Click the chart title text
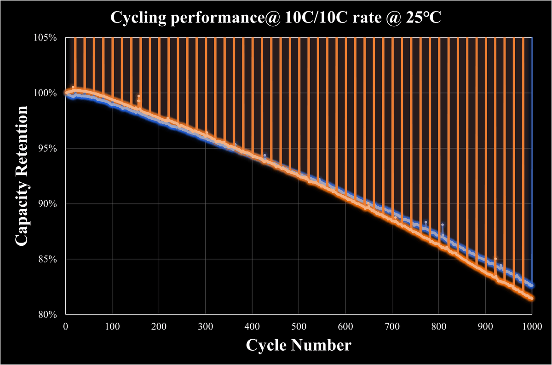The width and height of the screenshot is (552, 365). (276, 18)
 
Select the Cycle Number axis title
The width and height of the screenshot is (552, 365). (299, 345)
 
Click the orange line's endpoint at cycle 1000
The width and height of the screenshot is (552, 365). (532, 298)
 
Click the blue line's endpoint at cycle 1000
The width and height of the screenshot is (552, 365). (532, 285)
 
